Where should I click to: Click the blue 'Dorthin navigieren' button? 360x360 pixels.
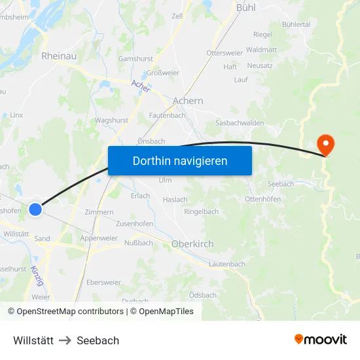coord(180,160)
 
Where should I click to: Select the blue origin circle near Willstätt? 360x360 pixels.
coord(35,209)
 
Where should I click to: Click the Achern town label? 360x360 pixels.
coord(188,101)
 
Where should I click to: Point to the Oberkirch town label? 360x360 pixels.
coord(192,244)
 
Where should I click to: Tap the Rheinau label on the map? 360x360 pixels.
coord(59,56)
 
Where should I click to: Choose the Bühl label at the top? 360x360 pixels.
coord(245,8)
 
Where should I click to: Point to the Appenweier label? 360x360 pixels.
coord(99,238)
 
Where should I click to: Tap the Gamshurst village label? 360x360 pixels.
coord(135,59)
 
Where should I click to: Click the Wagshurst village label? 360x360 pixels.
coord(111,120)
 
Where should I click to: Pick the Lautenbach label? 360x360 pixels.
coord(227,264)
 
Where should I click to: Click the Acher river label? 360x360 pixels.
coord(141,85)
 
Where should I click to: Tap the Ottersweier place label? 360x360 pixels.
coord(225,52)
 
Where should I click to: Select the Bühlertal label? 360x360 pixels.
coord(296,24)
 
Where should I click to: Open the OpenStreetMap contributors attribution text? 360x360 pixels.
coord(65,312)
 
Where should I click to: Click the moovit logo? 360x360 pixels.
coord(321,339)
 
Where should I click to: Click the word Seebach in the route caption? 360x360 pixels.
coord(98,340)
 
